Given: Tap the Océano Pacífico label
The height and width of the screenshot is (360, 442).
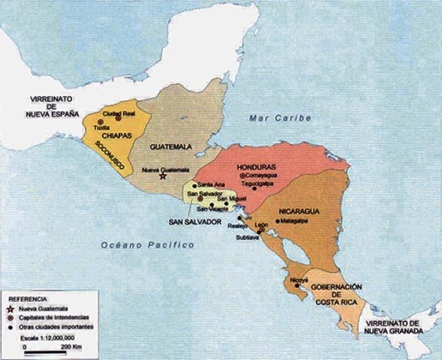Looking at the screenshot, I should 147,245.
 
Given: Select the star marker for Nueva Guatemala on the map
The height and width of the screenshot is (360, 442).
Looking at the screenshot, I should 163,176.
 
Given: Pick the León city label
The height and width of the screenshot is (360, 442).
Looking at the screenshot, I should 261,224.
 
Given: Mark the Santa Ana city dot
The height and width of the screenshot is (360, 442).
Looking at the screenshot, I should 194,185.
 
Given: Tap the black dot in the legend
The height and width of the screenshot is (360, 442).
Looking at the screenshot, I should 10,326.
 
